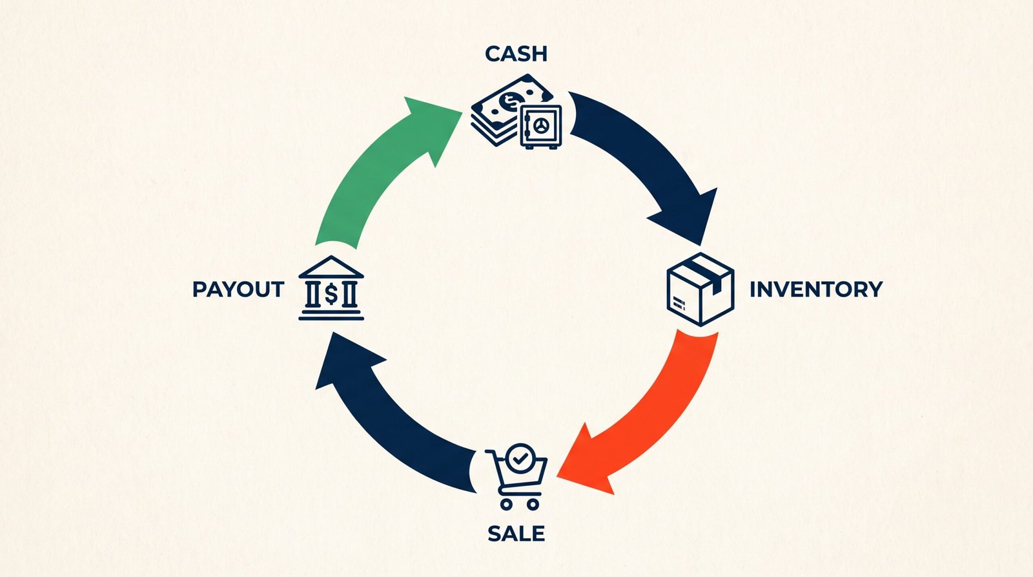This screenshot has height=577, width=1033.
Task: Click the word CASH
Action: (516, 54)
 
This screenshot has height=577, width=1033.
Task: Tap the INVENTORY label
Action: (816, 289)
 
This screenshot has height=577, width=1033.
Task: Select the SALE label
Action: (516, 534)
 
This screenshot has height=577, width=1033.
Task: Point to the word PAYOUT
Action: (238, 289)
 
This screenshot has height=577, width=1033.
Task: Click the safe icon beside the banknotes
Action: (540, 127)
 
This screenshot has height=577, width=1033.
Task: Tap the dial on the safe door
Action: (541, 125)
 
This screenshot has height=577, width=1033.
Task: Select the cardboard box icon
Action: (701, 289)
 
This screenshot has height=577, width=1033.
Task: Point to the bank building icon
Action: (331, 288)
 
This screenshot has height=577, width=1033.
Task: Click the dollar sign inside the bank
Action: (331, 295)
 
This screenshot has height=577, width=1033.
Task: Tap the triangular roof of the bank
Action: (331, 267)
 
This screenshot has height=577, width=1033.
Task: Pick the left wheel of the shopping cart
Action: (506, 504)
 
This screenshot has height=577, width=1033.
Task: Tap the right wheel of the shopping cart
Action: (533, 504)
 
